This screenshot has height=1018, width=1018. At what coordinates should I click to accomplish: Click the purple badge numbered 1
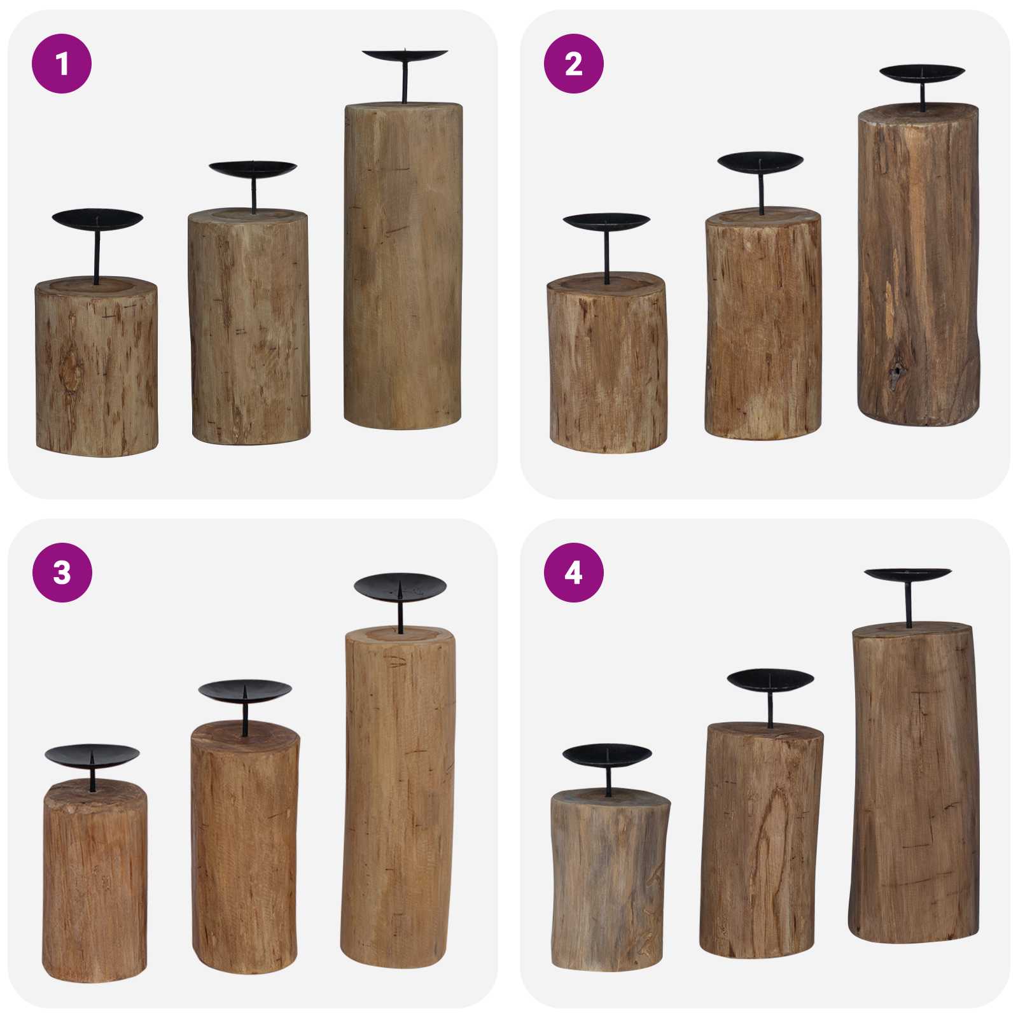tap(62, 64)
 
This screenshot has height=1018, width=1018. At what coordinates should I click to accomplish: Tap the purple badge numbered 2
tap(573, 64)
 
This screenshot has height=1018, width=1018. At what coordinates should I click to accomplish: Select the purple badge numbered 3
tap(62, 573)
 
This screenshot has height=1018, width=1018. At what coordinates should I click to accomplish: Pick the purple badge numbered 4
tap(573, 573)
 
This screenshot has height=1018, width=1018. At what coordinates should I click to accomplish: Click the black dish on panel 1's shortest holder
tap(97, 219)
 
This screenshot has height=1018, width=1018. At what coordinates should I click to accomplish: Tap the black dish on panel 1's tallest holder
tap(405, 55)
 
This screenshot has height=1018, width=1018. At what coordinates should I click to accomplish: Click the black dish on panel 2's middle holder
tap(760, 161)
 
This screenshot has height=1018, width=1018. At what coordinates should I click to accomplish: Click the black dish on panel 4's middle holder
tap(770, 680)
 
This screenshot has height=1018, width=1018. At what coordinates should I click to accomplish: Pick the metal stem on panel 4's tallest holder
tap(909, 604)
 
